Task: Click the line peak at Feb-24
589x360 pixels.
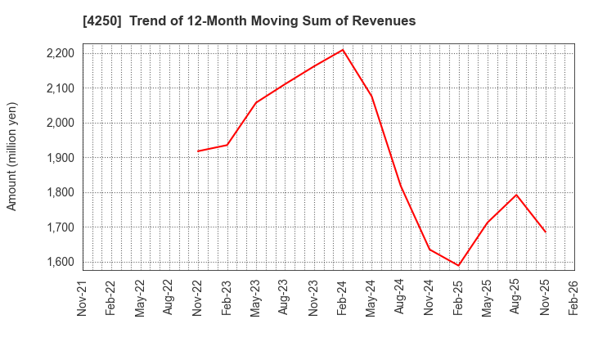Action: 343,50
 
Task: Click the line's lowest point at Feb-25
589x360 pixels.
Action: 458,266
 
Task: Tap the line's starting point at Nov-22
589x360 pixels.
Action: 198,151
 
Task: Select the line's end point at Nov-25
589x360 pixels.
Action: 546,232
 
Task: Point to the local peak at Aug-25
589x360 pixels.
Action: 516,195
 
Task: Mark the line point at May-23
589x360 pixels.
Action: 256,102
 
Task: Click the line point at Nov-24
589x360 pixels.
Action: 429,249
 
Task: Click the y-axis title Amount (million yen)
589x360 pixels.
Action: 12,156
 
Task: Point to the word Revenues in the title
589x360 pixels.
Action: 386,20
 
